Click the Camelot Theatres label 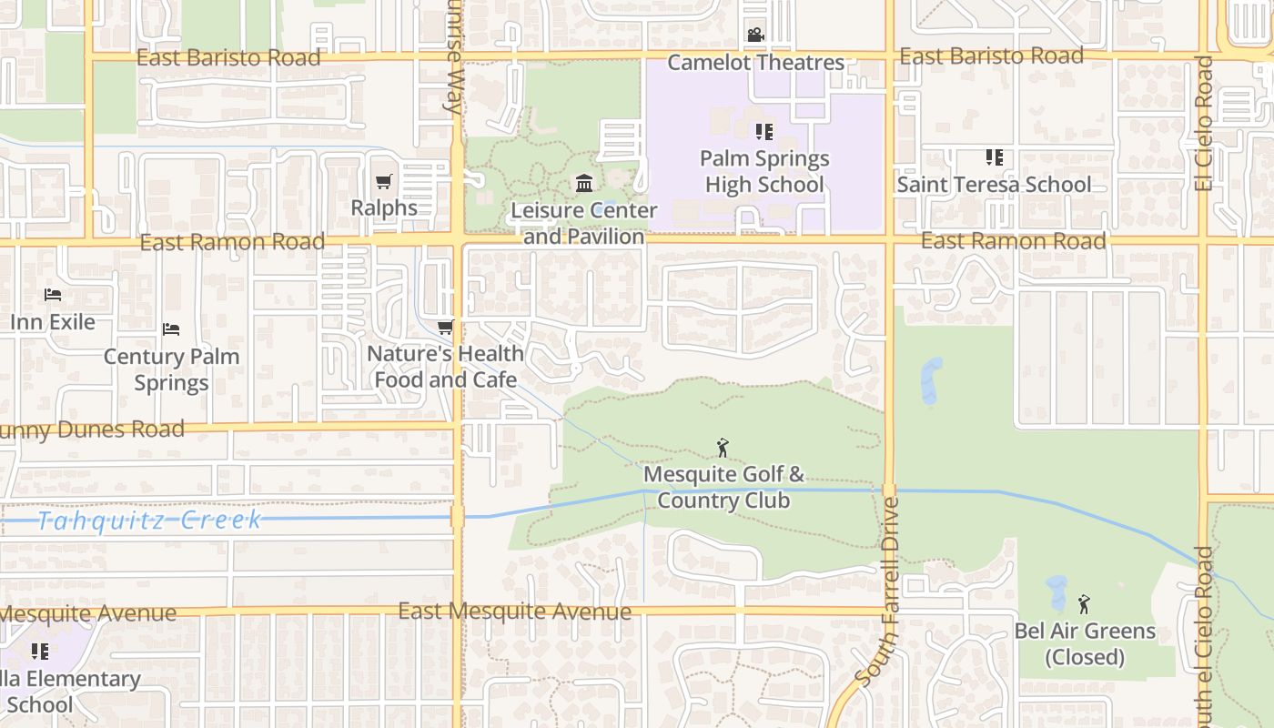(756, 63)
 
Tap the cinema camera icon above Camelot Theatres (755, 35)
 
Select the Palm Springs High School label (764, 171)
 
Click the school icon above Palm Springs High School (764, 132)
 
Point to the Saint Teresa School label (994, 185)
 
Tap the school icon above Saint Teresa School (994, 157)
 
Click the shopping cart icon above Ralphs (384, 182)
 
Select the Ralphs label (384, 208)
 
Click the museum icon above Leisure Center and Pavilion (584, 185)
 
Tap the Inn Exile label (53, 322)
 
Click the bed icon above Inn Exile (53, 295)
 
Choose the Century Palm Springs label (171, 369)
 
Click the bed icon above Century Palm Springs (171, 329)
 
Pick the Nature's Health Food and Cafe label (446, 367)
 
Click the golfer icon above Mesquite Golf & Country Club (723, 448)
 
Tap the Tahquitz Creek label (150, 521)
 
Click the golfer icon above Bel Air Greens (1084, 604)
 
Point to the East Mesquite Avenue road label (514, 612)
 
